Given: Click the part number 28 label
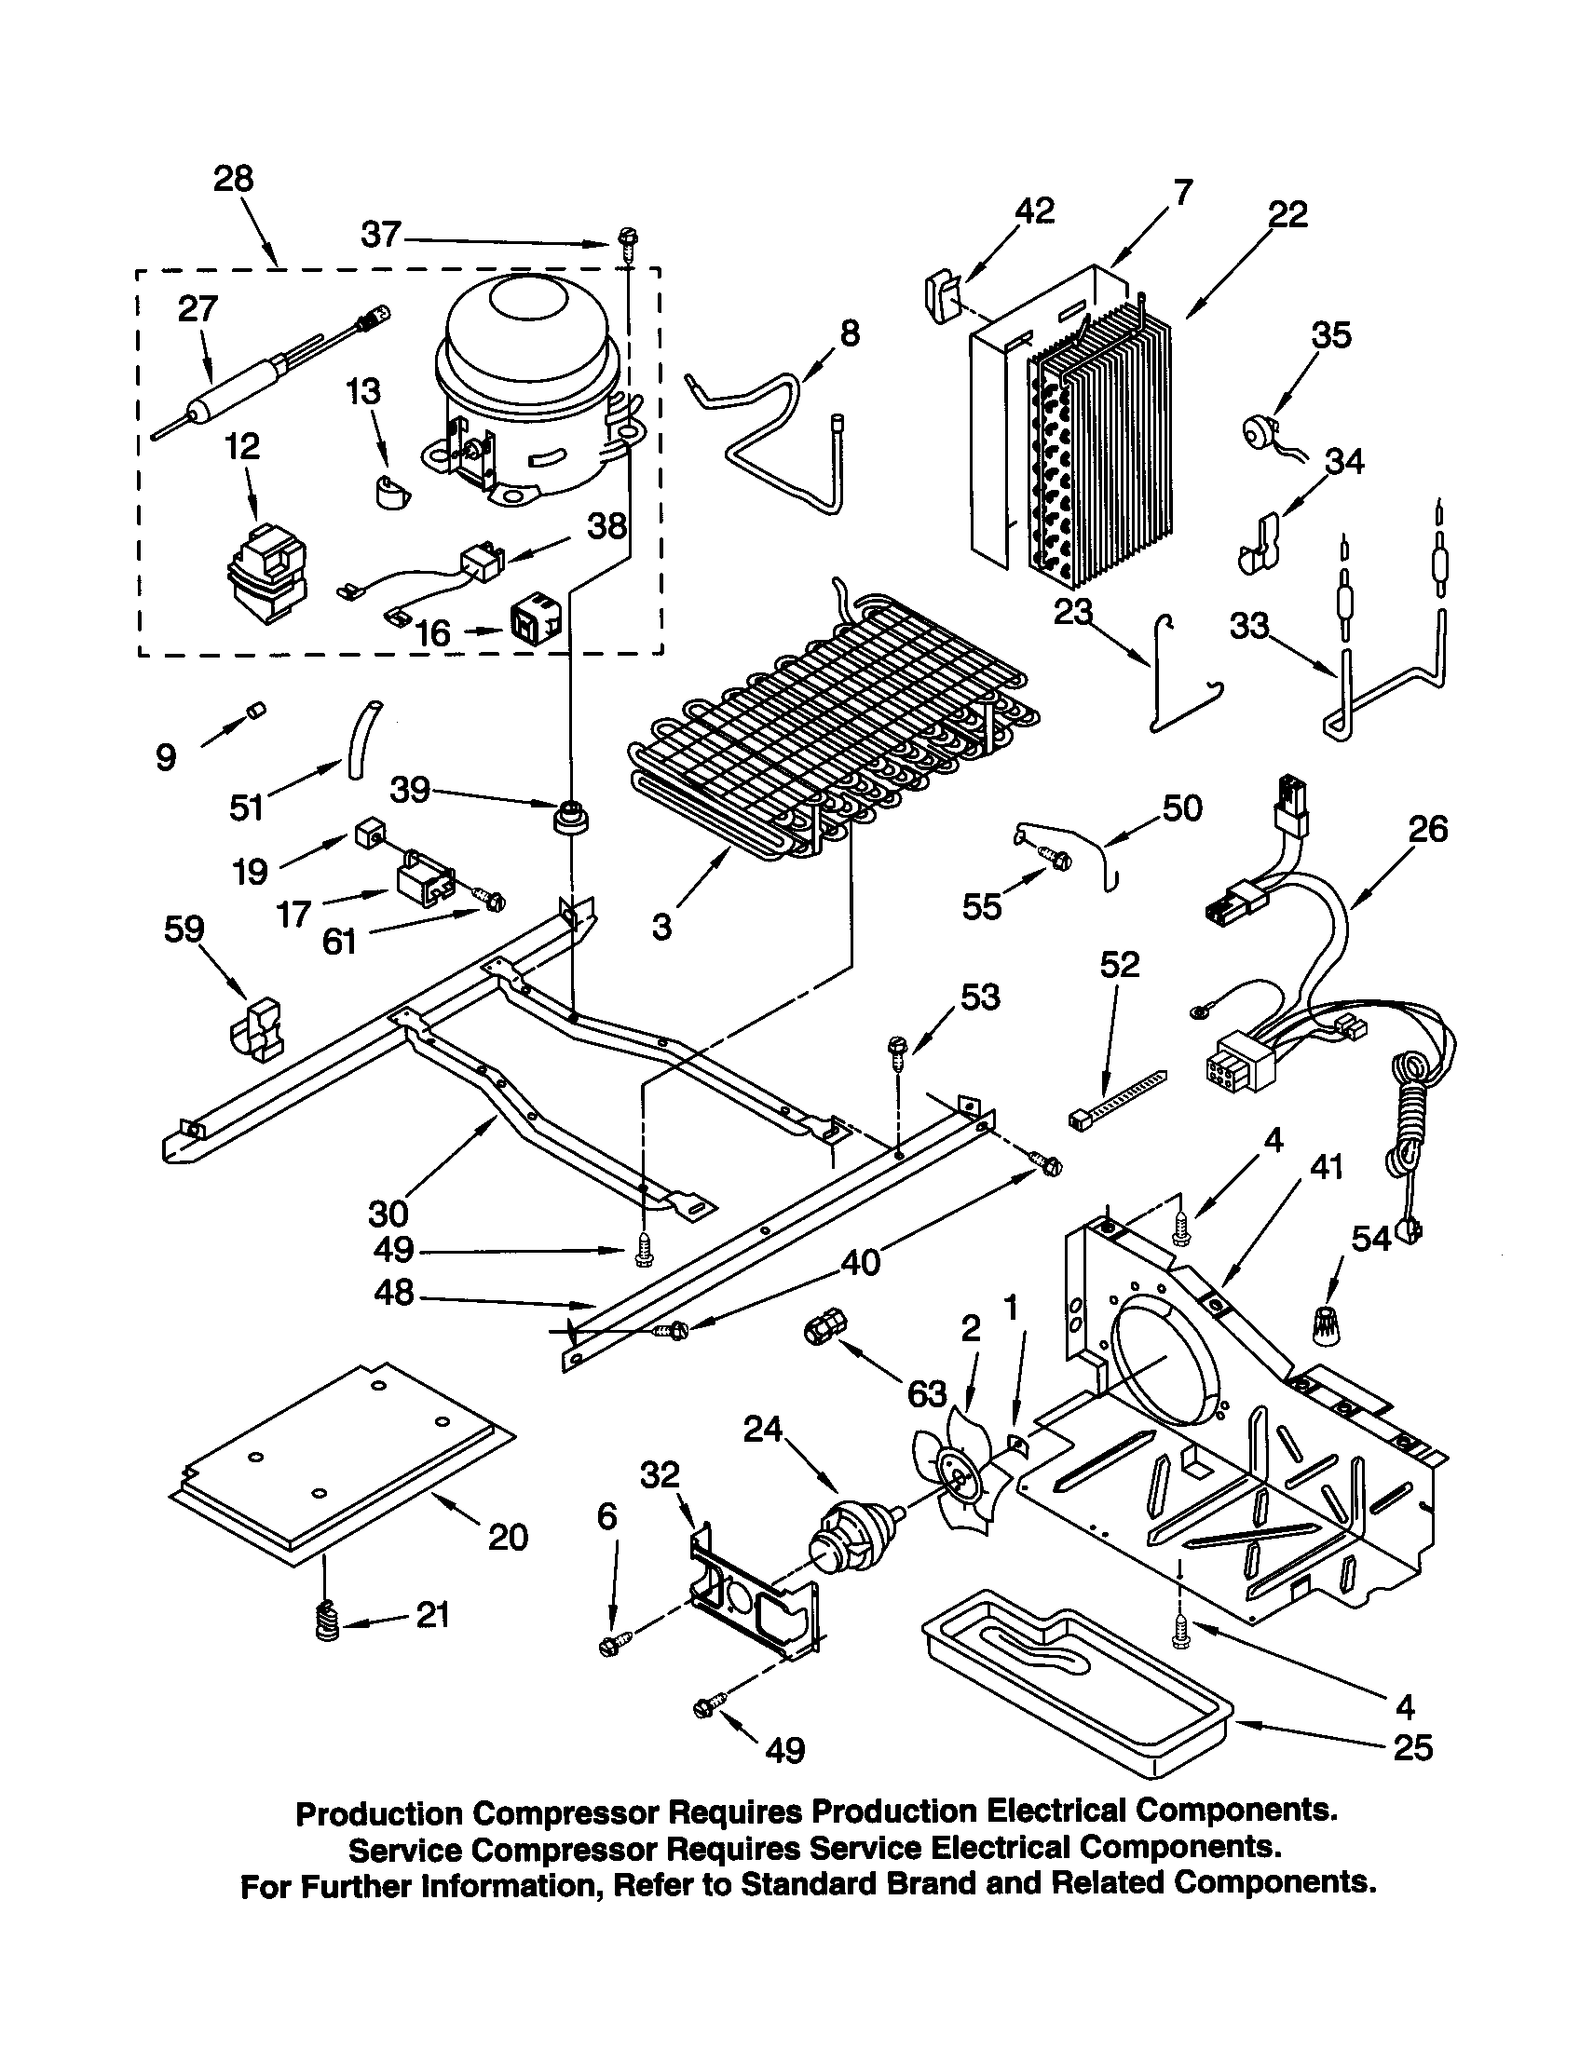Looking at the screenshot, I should point(233,178).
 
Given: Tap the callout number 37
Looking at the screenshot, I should point(381,234).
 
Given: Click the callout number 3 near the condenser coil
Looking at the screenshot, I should point(661,927).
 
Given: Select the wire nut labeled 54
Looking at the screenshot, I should point(1325,1325).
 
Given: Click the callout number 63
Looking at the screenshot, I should point(926,1394).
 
